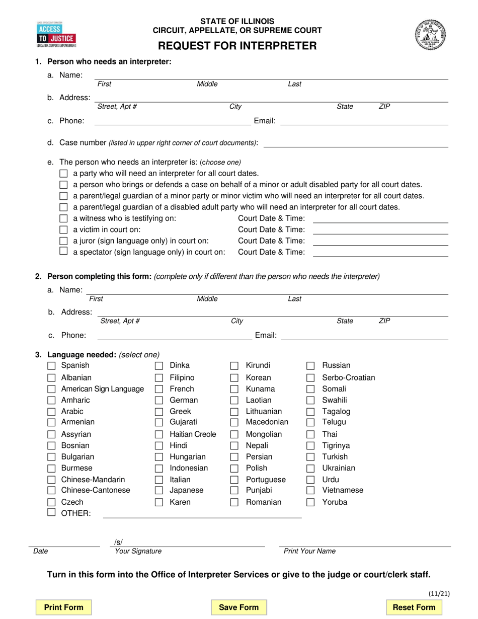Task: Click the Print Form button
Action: (x=63, y=607)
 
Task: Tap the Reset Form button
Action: (x=414, y=607)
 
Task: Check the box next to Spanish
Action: (x=51, y=366)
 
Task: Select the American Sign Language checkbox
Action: (x=51, y=389)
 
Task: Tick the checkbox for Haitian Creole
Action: (x=159, y=434)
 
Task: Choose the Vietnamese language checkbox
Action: (x=311, y=491)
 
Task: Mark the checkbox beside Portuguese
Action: (x=234, y=480)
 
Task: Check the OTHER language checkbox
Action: (x=51, y=513)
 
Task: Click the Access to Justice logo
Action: (x=56, y=34)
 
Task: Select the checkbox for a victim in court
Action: (x=63, y=229)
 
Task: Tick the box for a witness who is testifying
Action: (x=63, y=218)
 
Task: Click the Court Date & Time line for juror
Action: (x=380, y=241)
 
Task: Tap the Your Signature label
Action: (x=138, y=551)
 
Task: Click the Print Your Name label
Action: (x=309, y=551)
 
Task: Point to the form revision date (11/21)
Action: (x=439, y=593)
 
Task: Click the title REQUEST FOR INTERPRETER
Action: (x=237, y=46)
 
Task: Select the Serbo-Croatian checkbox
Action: (x=311, y=378)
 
